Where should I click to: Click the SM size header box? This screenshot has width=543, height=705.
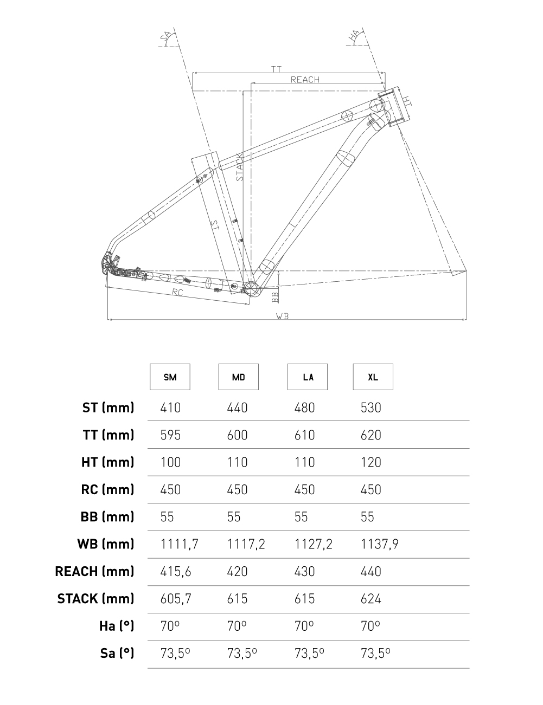tap(170, 377)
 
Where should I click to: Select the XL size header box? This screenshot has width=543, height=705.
tap(373, 377)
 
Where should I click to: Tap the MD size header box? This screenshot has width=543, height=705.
tap(238, 377)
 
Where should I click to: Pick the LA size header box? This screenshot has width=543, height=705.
tap(307, 377)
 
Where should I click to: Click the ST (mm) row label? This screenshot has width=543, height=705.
tap(108, 408)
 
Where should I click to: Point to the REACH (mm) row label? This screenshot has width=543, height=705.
tap(94, 571)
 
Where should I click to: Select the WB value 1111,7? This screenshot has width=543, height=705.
tap(179, 544)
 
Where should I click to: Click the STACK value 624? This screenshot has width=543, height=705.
tap(371, 599)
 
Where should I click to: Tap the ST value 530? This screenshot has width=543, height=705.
tap(371, 408)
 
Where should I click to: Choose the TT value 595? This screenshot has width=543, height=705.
tap(170, 435)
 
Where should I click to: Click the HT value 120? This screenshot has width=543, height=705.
tap(371, 462)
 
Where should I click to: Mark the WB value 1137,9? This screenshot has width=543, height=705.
tap(380, 544)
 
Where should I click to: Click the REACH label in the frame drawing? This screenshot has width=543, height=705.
tap(305, 80)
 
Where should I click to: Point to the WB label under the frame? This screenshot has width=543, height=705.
tap(282, 316)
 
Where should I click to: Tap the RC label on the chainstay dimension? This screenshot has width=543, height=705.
tap(177, 293)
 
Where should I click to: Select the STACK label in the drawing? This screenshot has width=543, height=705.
tap(240, 166)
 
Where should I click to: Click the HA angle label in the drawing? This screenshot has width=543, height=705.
tap(354, 36)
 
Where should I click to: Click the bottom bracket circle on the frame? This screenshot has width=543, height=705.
tap(251, 288)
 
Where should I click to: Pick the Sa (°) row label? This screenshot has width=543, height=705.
tap(117, 653)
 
